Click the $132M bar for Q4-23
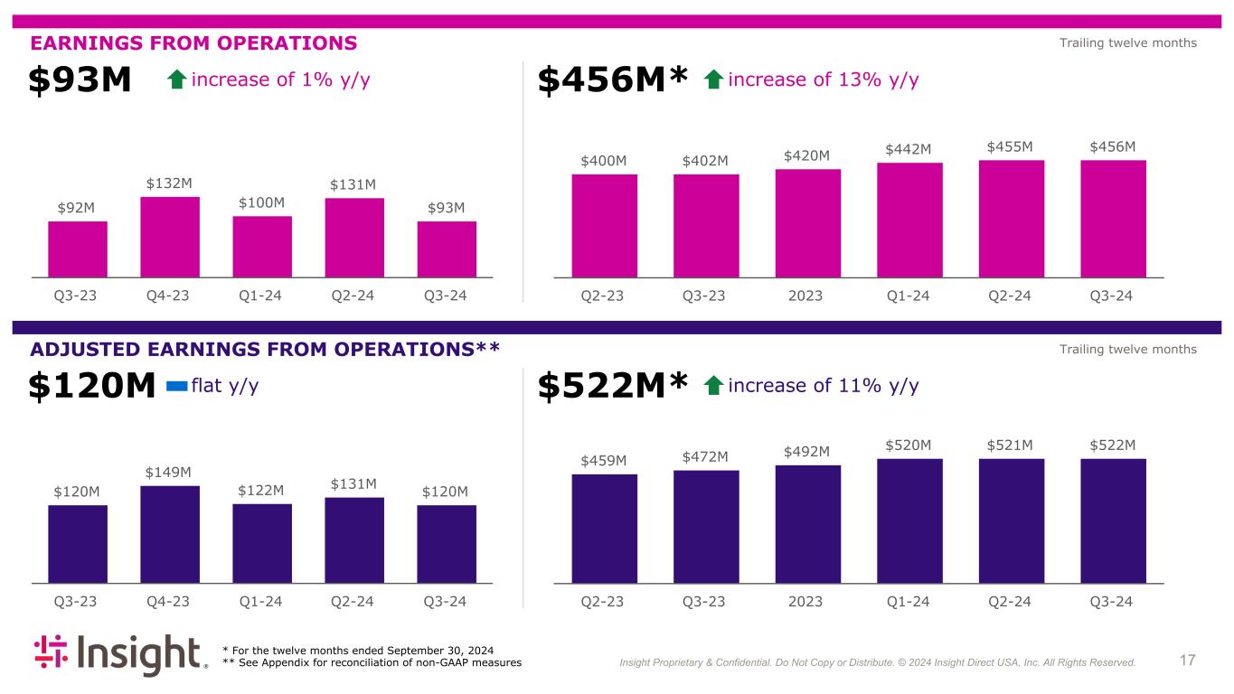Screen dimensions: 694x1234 [x=170, y=237]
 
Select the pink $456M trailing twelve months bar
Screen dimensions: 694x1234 [x=1113, y=219]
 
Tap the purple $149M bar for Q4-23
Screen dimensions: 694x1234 [x=170, y=534]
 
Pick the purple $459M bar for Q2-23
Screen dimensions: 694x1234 [x=604, y=529]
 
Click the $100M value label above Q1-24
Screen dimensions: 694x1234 [x=262, y=202]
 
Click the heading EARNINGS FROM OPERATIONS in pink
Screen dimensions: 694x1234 [x=194, y=42]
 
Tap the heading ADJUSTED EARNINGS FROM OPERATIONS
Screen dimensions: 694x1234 [x=265, y=349]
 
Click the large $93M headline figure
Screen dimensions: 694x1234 [x=80, y=81]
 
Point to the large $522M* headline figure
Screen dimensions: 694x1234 [x=614, y=387]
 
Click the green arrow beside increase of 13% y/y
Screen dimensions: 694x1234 [x=712, y=80]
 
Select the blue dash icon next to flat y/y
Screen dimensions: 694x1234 [x=177, y=387]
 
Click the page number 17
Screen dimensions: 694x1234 [x=1188, y=661]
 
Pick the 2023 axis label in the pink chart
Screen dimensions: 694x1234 [x=807, y=295]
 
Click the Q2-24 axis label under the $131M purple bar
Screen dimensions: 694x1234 [x=353, y=601]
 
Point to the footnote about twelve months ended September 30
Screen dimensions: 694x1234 [x=358, y=651]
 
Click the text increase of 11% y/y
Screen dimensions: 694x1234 [x=823, y=387]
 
